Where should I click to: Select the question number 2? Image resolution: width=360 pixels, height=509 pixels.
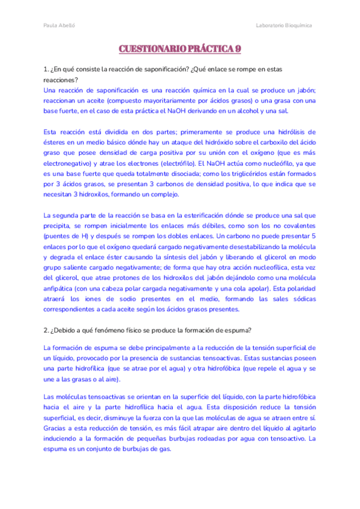point(46,330)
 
